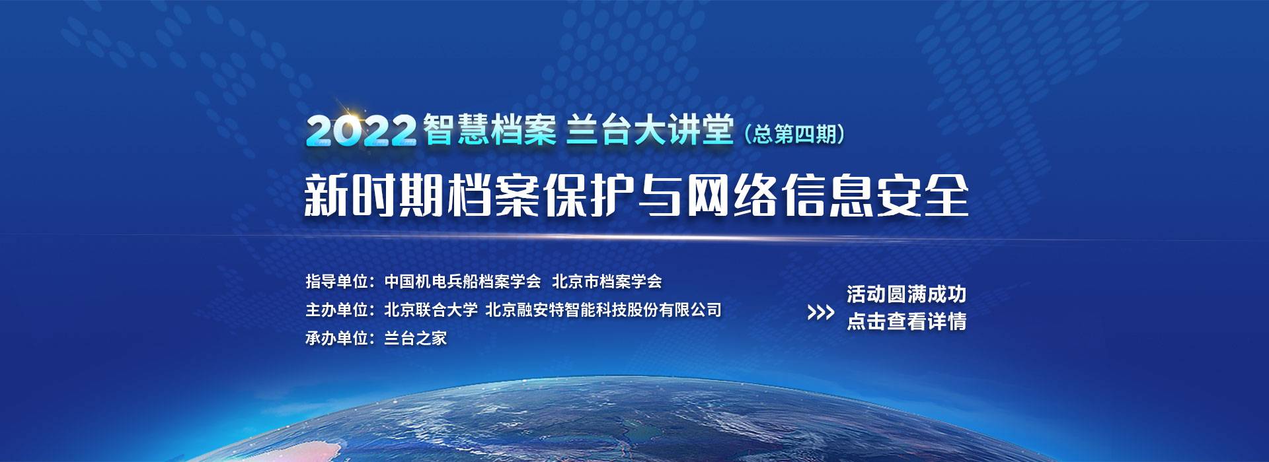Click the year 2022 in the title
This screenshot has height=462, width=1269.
click(361, 130)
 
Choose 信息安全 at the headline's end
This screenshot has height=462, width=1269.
click(875, 195)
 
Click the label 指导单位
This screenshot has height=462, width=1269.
click(336, 282)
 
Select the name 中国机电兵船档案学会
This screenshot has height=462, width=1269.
click(463, 282)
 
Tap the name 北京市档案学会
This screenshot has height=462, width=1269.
click(607, 282)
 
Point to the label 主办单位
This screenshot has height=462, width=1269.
click(336, 310)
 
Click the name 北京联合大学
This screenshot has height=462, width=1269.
click(431, 310)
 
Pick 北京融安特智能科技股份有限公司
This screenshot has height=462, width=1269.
click(603, 310)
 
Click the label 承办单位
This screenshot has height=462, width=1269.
click(336, 339)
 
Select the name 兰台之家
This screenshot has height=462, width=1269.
click(416, 339)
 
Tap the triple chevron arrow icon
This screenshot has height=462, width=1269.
click(821, 312)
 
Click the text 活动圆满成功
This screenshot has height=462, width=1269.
click(907, 294)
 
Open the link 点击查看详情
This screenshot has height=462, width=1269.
click(907, 321)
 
